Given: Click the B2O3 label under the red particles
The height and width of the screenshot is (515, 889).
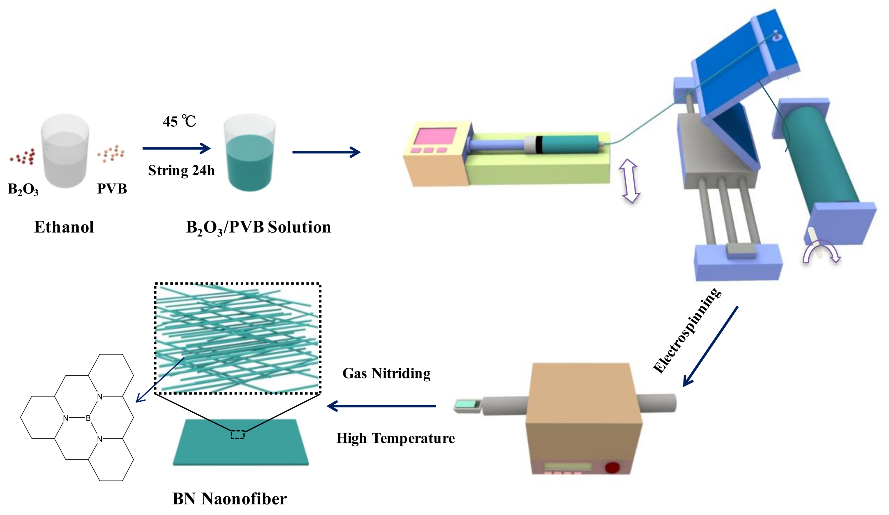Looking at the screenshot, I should [x=23, y=189].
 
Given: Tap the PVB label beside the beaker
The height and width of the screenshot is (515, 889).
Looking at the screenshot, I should [x=112, y=188].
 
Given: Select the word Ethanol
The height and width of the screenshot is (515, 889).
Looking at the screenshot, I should [x=64, y=227].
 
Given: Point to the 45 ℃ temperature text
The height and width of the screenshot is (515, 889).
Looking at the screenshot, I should [x=179, y=122].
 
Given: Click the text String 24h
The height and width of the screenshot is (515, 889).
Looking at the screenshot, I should [x=181, y=171].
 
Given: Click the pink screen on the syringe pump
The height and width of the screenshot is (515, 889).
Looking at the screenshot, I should [x=435, y=136].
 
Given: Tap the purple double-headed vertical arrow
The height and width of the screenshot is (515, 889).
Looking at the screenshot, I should [x=630, y=181].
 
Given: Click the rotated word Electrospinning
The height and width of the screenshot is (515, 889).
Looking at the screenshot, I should [x=686, y=331].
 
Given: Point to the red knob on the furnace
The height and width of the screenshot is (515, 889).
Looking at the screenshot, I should [x=612, y=467].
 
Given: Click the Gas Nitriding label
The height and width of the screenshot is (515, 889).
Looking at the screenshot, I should [x=386, y=374].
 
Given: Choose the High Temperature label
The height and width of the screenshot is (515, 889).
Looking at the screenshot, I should [x=396, y=438].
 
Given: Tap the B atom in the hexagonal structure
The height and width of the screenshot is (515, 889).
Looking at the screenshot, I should [x=88, y=418].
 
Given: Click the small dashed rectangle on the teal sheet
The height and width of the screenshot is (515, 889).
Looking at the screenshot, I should [x=237, y=434].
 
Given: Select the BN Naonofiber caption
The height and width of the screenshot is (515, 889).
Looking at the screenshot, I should [x=229, y=499].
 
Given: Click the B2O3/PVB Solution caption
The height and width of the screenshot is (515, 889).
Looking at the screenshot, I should [x=258, y=227].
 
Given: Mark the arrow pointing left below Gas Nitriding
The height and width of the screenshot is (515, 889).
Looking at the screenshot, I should [x=381, y=406].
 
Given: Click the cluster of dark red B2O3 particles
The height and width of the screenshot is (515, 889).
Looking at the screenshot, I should [x=23, y=156].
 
